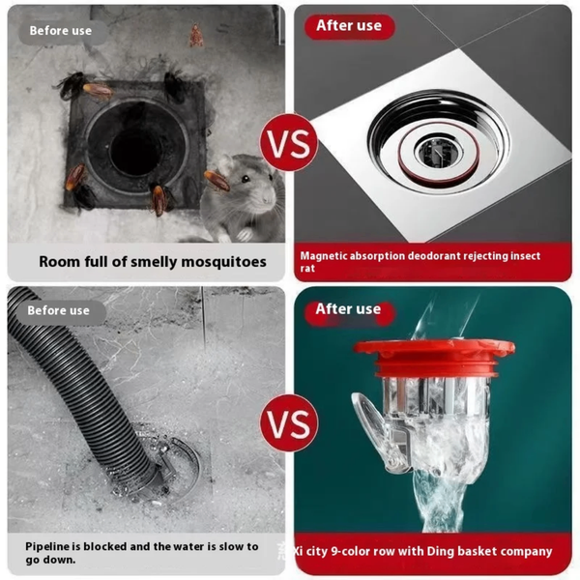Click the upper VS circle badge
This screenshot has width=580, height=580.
(x=289, y=143)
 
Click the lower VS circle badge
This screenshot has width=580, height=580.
(x=289, y=422)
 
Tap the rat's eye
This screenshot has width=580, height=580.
(x=245, y=179)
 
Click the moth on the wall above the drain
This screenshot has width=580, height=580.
(x=196, y=36)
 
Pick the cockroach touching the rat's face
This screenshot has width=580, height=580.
(x=217, y=180)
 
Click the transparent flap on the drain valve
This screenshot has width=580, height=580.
(x=370, y=420)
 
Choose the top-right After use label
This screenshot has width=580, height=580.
(x=349, y=26)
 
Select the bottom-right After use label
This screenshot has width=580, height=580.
(x=349, y=309)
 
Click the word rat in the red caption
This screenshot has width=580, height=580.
(x=307, y=269)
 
